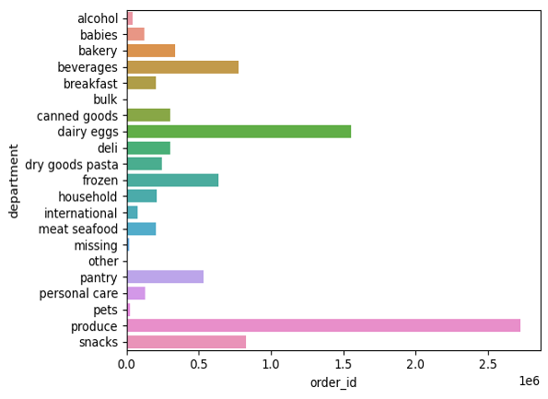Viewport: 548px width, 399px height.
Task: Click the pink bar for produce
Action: point(323,325)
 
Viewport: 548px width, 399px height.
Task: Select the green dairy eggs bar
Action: point(239,132)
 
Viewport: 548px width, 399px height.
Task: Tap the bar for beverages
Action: point(182,67)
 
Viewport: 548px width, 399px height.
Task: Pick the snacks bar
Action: point(187,342)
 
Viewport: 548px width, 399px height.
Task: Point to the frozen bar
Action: point(173,180)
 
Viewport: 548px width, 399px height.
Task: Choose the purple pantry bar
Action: point(165,277)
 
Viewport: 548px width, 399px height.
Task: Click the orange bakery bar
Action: point(151,51)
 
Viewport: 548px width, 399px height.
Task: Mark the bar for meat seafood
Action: point(142,229)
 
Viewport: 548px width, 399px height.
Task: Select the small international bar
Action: point(133,213)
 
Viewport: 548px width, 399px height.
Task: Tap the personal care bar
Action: point(136,293)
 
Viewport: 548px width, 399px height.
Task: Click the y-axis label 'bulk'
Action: point(105,100)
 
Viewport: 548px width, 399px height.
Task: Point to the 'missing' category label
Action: point(96,245)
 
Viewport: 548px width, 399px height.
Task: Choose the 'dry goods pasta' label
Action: point(72,165)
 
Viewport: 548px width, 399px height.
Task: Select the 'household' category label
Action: point(87,196)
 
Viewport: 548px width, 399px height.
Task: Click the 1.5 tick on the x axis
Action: point(344,364)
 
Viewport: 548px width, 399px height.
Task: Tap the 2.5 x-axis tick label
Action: point(488,364)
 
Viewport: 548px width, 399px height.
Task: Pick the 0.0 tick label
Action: point(127,364)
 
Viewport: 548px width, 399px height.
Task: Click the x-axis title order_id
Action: point(333,382)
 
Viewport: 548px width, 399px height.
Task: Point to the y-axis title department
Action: point(13,182)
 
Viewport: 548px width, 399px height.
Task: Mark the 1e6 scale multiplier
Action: point(530,381)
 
